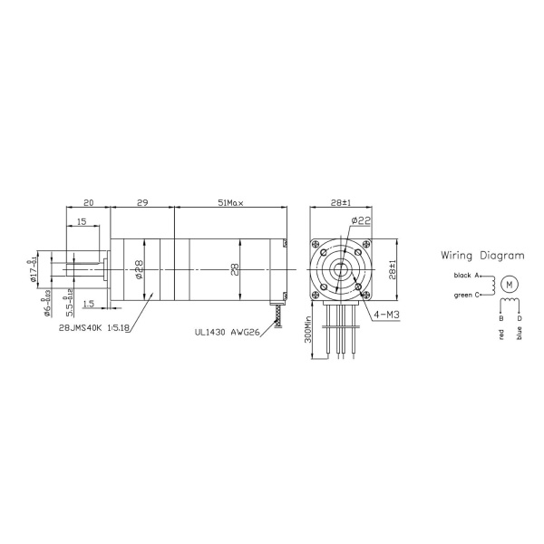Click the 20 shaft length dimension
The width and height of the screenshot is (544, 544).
point(88,203)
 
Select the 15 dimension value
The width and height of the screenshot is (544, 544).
point(82,221)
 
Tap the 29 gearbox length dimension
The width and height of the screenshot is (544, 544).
point(142,203)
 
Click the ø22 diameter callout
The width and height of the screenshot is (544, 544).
point(360,220)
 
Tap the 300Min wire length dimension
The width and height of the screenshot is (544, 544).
point(309,335)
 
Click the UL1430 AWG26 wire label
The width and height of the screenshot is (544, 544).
point(226,333)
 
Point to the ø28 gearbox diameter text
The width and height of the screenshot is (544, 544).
point(140,269)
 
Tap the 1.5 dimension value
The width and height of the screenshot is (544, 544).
point(89,303)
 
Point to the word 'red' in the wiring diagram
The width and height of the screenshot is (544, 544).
point(501,334)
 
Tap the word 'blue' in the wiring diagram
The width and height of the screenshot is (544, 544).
point(519,335)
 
